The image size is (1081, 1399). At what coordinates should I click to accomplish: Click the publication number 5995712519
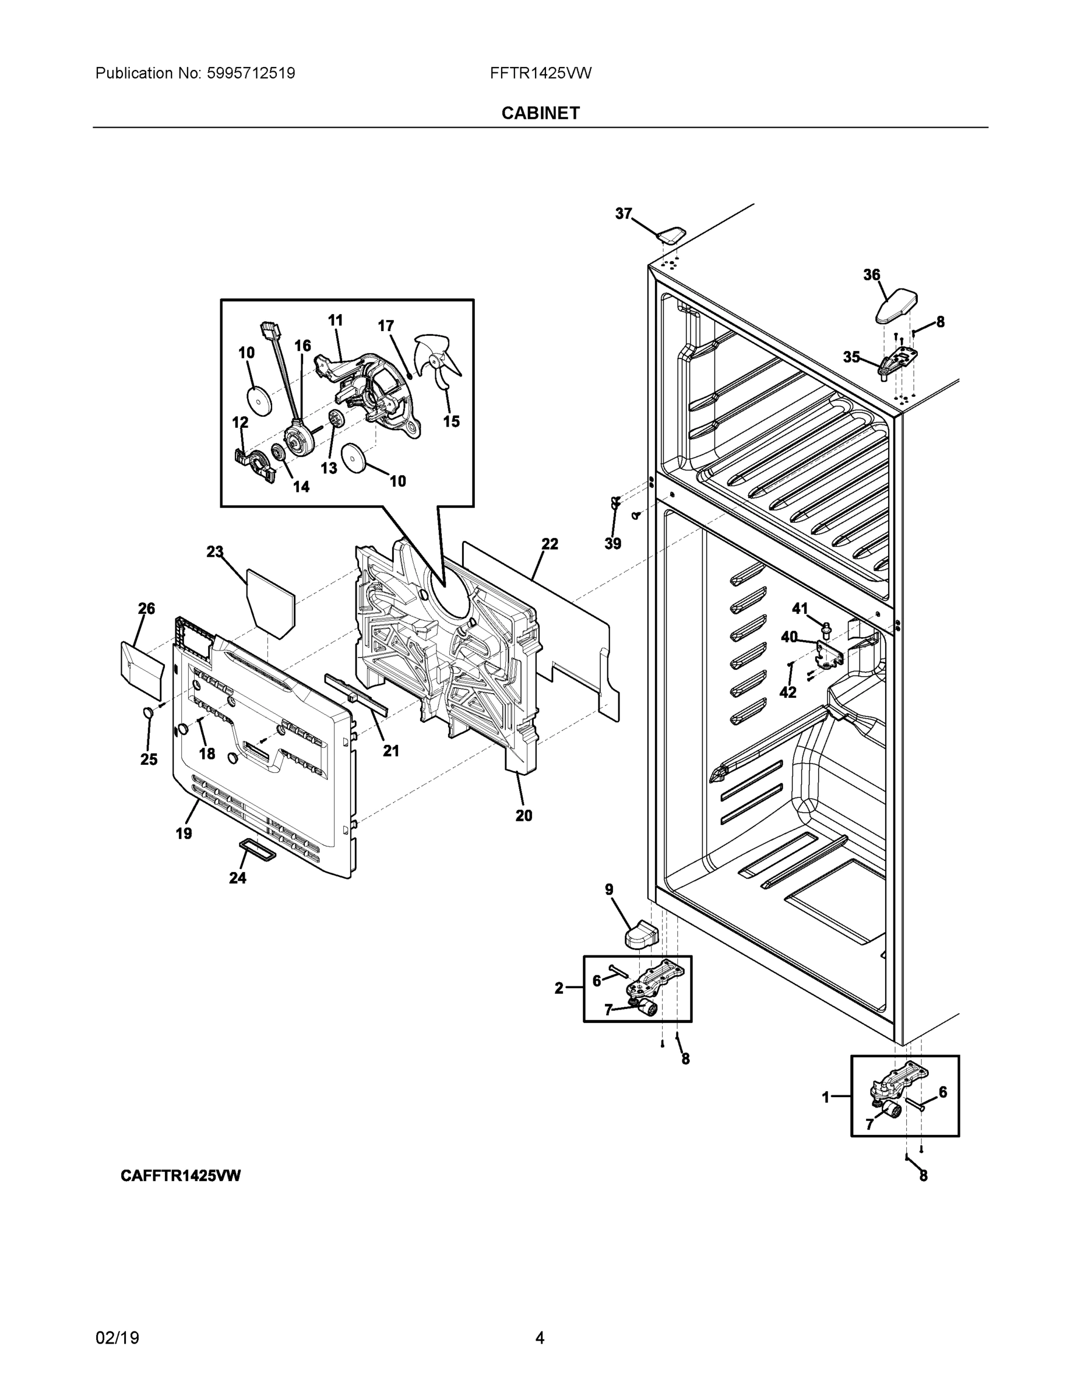[x=251, y=73]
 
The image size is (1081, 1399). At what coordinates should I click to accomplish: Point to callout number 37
[x=623, y=214]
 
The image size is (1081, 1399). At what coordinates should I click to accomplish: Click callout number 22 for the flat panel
[x=550, y=544]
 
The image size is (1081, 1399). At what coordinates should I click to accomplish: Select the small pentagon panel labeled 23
[x=272, y=603]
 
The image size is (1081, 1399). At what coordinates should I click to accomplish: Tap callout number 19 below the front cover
[x=184, y=834]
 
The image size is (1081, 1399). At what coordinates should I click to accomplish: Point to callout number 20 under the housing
[x=523, y=816]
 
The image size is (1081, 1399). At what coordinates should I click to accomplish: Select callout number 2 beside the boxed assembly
[x=559, y=989]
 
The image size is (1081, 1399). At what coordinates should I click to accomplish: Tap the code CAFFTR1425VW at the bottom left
[x=181, y=1175]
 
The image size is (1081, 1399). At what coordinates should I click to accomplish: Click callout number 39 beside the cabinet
[x=613, y=544]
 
